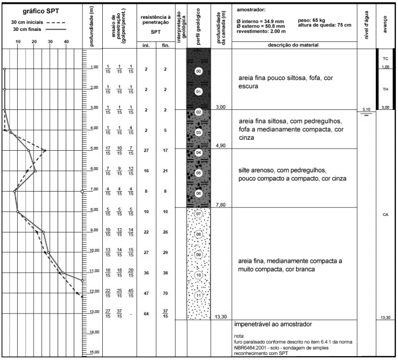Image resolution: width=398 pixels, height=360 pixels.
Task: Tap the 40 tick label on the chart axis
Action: click(x=66, y=41)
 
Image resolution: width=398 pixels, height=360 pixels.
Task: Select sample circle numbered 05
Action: click(x=199, y=172)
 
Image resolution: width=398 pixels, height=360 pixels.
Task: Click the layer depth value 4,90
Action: click(x=221, y=146)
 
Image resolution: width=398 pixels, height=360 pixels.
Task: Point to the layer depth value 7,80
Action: click(x=221, y=204)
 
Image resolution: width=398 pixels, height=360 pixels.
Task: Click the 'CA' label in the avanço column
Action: click(x=385, y=215)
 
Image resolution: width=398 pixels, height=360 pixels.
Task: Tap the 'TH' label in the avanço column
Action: click(x=385, y=89)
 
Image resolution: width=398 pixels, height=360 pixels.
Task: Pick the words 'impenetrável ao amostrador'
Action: click(x=274, y=323)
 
